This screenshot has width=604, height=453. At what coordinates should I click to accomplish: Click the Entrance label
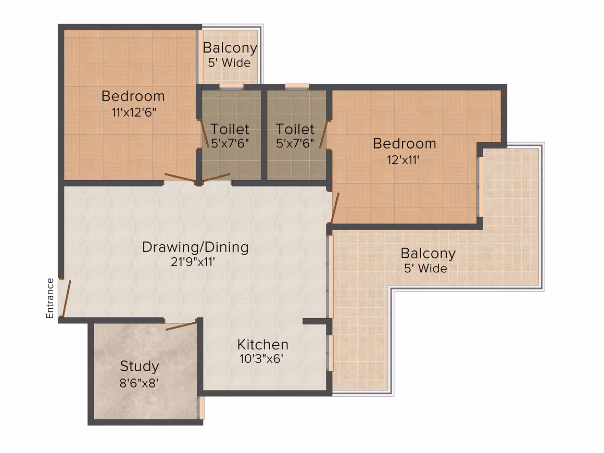point(50,298)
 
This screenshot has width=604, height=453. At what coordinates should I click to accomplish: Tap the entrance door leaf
point(66,299)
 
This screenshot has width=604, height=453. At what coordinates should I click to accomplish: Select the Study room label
point(140,367)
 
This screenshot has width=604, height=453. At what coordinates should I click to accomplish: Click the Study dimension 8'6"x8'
point(139,383)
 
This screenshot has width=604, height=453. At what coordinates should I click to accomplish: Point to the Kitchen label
point(263,344)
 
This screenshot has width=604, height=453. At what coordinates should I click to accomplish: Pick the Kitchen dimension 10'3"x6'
point(261,359)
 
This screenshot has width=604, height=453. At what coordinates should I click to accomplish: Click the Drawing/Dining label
point(195,247)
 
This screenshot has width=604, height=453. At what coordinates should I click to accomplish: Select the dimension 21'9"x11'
point(193,262)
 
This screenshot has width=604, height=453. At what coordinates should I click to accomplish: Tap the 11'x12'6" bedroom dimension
point(134,112)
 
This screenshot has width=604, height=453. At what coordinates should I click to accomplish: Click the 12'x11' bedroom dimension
point(403,160)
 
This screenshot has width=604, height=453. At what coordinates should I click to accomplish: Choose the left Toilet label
point(230,129)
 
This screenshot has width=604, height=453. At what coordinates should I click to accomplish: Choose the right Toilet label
point(295,129)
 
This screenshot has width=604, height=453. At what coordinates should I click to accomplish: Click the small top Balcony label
point(230,48)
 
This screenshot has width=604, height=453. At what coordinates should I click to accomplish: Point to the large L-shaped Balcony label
point(428,254)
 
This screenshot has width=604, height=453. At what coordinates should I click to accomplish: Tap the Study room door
point(181,326)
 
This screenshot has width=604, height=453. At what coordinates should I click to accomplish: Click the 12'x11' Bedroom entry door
point(335,208)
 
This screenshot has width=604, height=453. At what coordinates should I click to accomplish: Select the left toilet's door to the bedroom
point(204,134)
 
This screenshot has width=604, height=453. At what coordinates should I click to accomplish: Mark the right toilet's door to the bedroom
point(323,134)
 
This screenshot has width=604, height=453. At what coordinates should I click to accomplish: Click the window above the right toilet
point(297,86)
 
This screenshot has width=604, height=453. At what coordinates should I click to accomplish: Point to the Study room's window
point(200,408)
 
